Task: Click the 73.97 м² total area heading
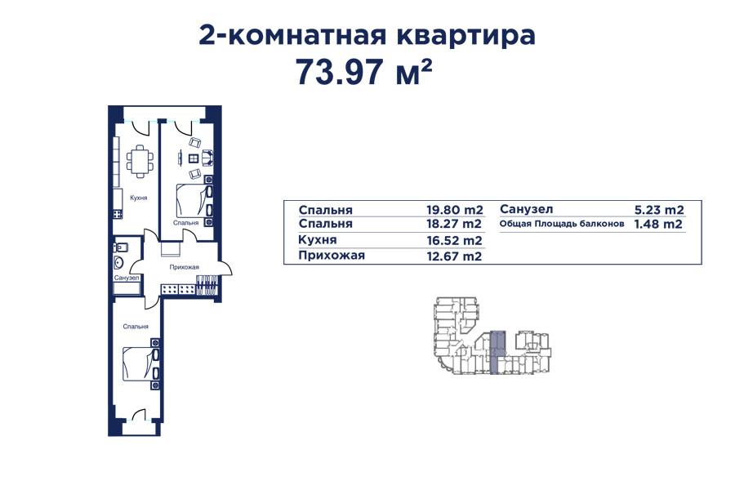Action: click(x=363, y=73)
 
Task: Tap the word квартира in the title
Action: click(x=467, y=35)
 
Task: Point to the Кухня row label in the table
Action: click(x=318, y=240)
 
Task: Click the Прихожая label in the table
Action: click(x=332, y=256)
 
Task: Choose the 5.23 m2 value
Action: click(x=658, y=209)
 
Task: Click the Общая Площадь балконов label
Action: click(x=562, y=224)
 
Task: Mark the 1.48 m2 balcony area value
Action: click(x=658, y=224)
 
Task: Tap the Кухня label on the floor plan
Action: click(x=138, y=198)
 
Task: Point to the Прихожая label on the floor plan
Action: click(x=185, y=267)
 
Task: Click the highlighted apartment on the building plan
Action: click(x=497, y=351)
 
